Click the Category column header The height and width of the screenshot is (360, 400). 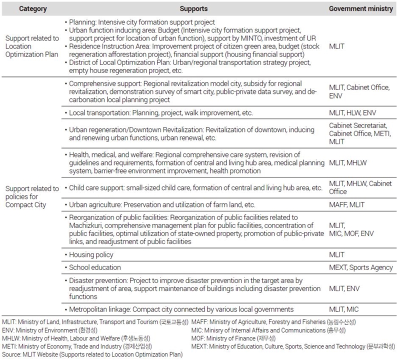point(33,9)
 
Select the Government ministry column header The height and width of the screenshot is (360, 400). point(360,9)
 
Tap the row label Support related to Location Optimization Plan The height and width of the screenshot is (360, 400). point(32,45)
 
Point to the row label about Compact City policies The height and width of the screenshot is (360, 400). point(32,196)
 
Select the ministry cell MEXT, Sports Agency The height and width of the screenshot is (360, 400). point(360,267)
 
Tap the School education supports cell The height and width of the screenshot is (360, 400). point(95,267)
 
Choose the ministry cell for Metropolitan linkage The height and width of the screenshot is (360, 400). point(343,309)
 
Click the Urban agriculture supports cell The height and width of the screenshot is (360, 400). point(162,205)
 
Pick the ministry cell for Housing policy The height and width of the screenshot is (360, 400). point(336,255)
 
